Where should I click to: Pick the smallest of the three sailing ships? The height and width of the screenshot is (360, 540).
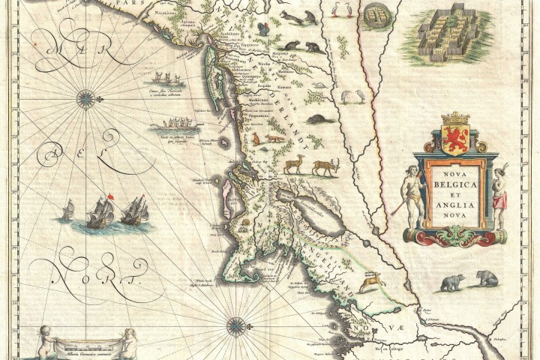[68, 210]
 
